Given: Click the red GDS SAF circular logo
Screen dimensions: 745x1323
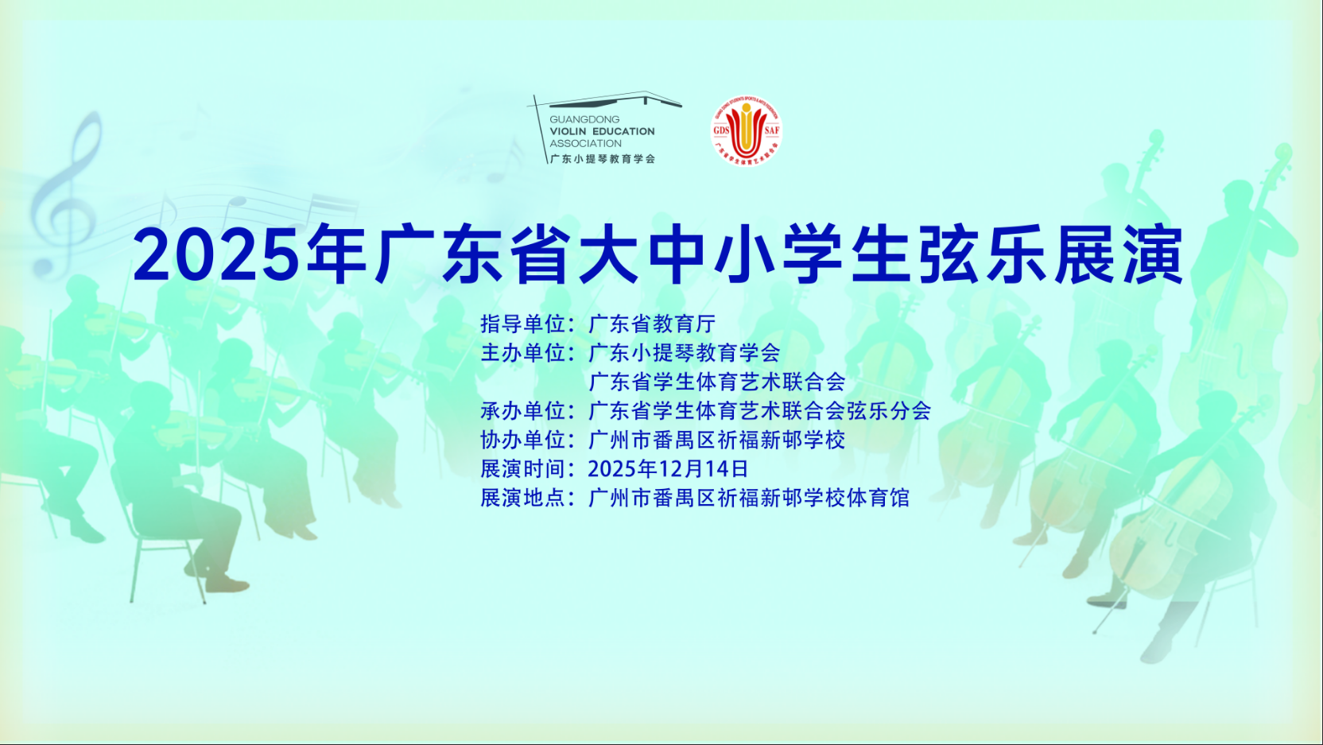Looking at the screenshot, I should [x=745, y=132].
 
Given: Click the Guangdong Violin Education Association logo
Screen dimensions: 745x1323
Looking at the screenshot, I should [x=604, y=130].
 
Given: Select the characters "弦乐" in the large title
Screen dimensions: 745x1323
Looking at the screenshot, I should [x=984, y=255].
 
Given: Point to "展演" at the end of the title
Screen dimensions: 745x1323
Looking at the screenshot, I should [x=1119, y=255].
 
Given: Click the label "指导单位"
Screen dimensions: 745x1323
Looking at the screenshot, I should [x=522, y=324].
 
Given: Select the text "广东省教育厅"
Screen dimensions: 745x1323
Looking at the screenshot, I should [x=652, y=324].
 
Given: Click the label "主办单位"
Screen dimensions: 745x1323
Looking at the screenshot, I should [x=522, y=353].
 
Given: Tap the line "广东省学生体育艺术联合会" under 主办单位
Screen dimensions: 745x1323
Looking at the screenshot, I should [x=716, y=382].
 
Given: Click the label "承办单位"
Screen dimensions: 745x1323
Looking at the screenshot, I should [x=522, y=411].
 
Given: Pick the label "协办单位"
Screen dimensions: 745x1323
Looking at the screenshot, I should [x=522, y=440].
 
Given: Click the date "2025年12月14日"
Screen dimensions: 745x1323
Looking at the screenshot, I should [x=668, y=469].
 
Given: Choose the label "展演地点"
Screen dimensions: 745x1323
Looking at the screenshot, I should [x=522, y=498].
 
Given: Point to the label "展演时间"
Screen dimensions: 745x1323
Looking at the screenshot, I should [x=522, y=469].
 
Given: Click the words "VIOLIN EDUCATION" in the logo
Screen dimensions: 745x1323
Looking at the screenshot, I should [x=602, y=132].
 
